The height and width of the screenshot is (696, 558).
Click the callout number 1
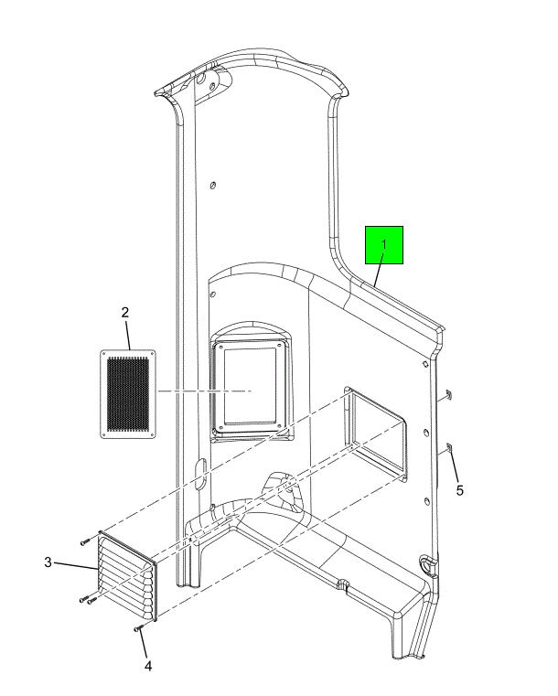(x=384, y=244)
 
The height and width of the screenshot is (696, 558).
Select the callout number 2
(x=125, y=312)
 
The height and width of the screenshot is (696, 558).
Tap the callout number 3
(x=48, y=562)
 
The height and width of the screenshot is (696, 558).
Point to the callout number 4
(x=148, y=666)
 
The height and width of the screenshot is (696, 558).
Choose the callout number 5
(x=459, y=490)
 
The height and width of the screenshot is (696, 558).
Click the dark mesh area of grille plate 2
(x=128, y=394)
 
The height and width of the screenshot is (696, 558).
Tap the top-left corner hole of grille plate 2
(x=104, y=354)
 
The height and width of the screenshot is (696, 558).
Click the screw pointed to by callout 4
(x=137, y=628)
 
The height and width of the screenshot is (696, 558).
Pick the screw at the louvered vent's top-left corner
(x=85, y=542)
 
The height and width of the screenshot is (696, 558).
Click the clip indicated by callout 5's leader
(x=448, y=447)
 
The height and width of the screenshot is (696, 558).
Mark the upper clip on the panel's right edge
(x=448, y=394)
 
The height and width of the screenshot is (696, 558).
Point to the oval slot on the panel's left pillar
(x=200, y=474)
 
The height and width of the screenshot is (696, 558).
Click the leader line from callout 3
(x=75, y=566)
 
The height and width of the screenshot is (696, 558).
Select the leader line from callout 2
(x=128, y=336)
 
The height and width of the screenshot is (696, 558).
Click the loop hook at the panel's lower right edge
(x=427, y=563)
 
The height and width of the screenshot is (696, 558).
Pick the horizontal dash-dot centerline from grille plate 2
(x=204, y=391)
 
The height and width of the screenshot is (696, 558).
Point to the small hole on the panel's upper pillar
(x=212, y=185)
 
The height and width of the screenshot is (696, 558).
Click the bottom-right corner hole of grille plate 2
(x=152, y=434)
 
